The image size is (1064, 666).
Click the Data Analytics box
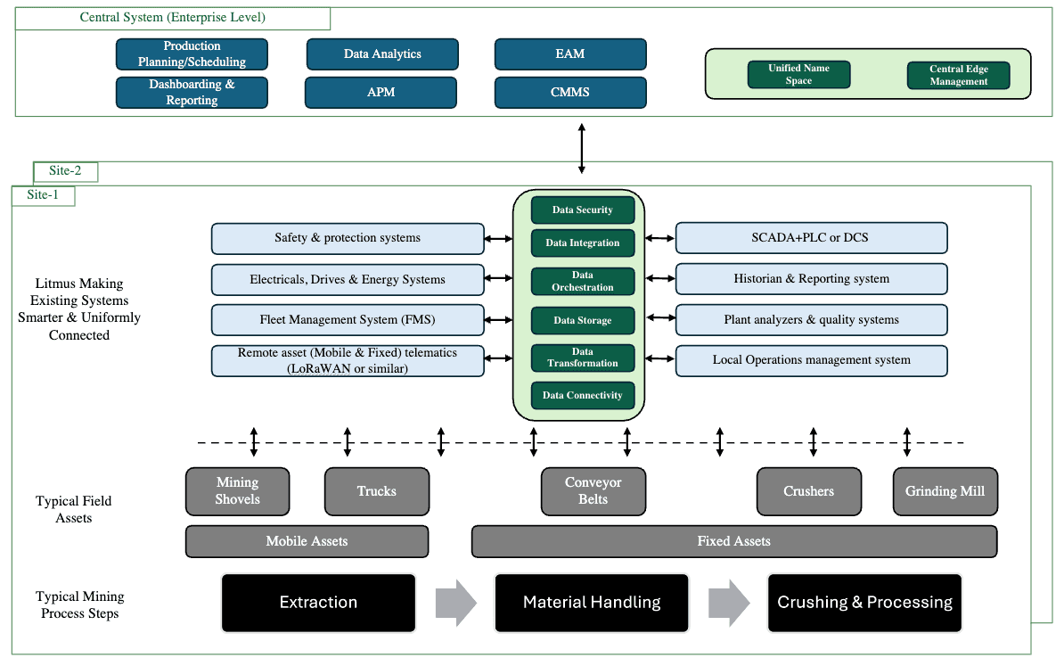pyautogui.click(x=382, y=54)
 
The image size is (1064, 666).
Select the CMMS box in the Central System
pyautogui.click(x=569, y=92)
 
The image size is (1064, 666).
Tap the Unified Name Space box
pyautogui.click(x=798, y=75)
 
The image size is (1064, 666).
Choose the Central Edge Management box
pyautogui.click(x=958, y=76)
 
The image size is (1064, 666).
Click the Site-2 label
pyautogui.click(x=65, y=171)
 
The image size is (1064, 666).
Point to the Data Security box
pyautogui.click(x=583, y=210)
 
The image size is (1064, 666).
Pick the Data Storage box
pyautogui.click(x=583, y=320)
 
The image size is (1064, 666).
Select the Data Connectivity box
pyautogui.click(x=583, y=395)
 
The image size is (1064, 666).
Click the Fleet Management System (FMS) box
pyautogui.click(x=348, y=319)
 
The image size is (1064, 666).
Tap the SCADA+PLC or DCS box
pyautogui.click(x=811, y=238)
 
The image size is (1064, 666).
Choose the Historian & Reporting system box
pyautogui.click(x=811, y=279)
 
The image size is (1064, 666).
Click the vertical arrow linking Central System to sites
pyautogui.click(x=582, y=149)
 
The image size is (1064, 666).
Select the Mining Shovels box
pyautogui.click(x=237, y=491)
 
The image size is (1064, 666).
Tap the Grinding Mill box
pyautogui.click(x=945, y=491)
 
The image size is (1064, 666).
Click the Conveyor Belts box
pyautogui.click(x=593, y=491)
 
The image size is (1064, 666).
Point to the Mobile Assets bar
pyautogui.click(x=307, y=541)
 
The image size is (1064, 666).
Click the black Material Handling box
pyautogui.click(x=592, y=603)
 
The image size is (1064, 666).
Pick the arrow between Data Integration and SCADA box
pyautogui.click(x=659, y=238)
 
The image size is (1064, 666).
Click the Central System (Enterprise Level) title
pyautogui.click(x=173, y=18)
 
